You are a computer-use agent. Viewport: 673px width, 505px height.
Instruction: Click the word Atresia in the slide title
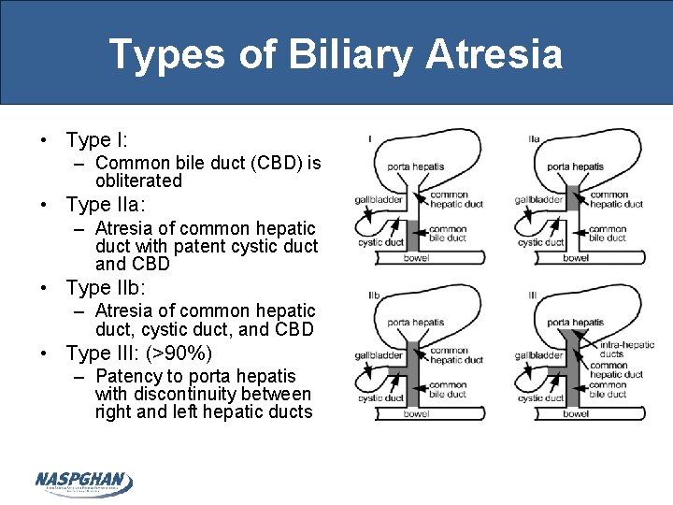[x=494, y=53]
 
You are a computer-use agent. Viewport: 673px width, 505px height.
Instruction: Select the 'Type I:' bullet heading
[x=97, y=140]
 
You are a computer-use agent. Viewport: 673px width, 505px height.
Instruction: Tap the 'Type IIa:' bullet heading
[x=106, y=204]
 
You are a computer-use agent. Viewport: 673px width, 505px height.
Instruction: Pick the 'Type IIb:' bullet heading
[x=106, y=288]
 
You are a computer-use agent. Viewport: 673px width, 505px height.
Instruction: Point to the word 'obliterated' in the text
[x=138, y=180]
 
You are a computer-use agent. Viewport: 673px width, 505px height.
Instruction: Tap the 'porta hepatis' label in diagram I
[x=416, y=167]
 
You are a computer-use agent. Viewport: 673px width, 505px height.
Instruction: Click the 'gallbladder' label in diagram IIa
[x=538, y=199]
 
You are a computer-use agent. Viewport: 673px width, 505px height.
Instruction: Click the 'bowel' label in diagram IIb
[x=416, y=413]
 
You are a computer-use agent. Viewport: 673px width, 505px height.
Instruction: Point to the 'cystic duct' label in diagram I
[x=380, y=243]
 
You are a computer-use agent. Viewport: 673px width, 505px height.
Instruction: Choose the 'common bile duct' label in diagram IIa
[x=608, y=233]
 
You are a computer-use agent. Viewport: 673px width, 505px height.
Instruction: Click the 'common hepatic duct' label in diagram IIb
[x=457, y=355]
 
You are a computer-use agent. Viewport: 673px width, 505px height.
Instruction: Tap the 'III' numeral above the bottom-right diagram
[x=532, y=296]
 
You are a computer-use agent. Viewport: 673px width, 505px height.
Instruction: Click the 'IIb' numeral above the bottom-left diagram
[x=373, y=296]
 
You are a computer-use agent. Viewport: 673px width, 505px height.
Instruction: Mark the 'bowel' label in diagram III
[x=576, y=413]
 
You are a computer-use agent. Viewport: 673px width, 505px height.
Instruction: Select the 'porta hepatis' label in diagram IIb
[x=416, y=323]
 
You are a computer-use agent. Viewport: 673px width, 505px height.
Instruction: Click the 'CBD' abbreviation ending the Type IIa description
[x=120, y=264]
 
